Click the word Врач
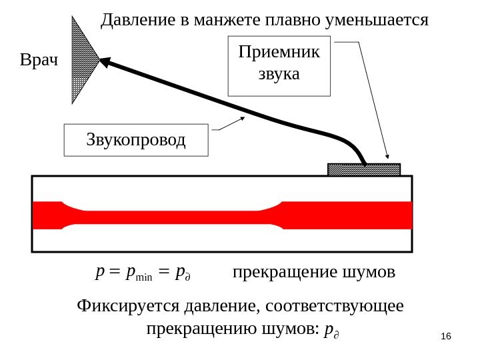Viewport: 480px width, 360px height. tap(39, 61)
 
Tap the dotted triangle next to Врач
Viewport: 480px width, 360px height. tap(84, 60)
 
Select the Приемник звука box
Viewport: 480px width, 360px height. tap(279, 67)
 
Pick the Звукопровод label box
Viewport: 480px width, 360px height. tap(136, 140)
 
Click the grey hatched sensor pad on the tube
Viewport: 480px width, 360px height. tap(364, 169)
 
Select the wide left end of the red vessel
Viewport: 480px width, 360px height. tap(47, 215)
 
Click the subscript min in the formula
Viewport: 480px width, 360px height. tap(145, 275)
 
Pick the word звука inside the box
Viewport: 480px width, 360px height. tap(279, 73)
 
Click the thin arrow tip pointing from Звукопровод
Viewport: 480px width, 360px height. tap(243, 119)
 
